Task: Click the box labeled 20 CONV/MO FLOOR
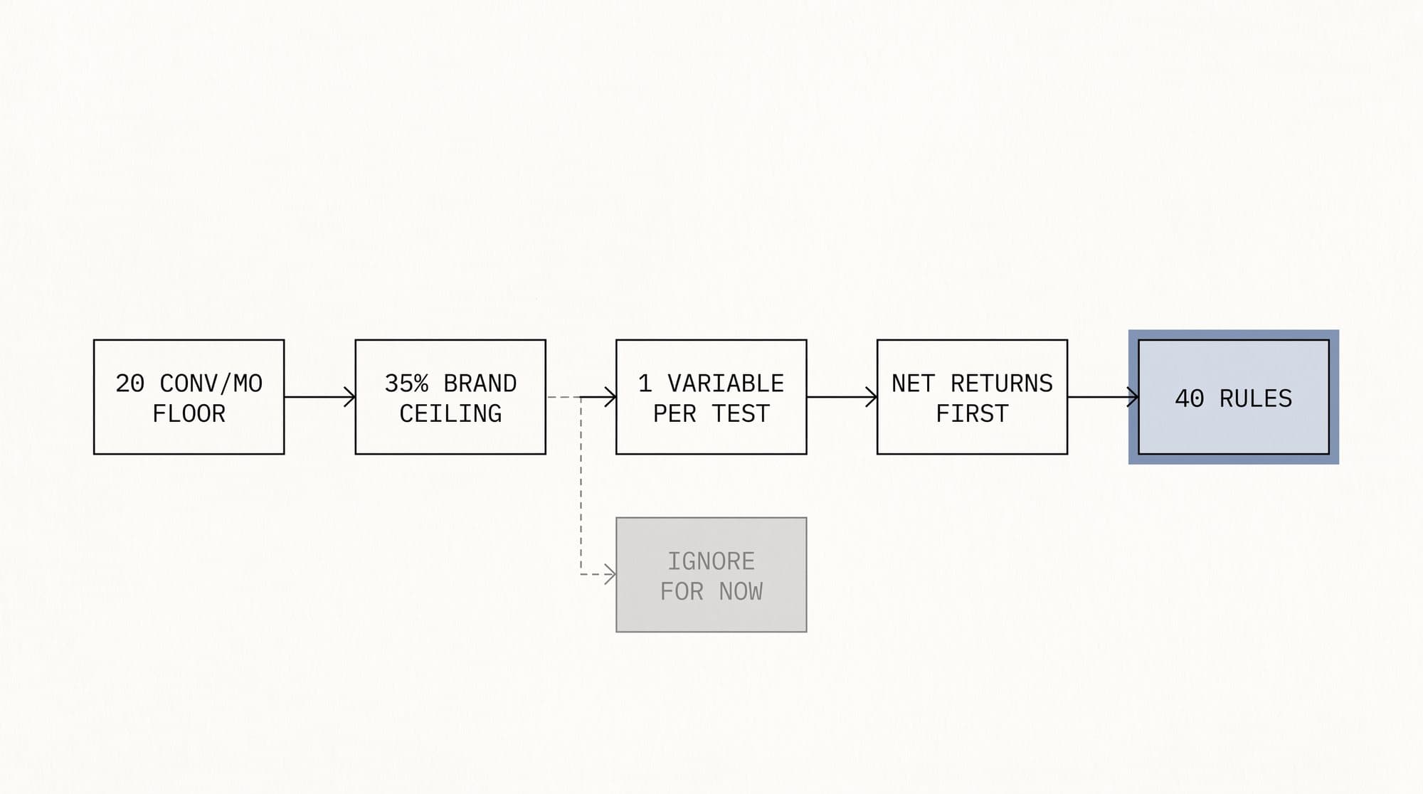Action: [x=189, y=397]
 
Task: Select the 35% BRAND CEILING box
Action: [x=450, y=397]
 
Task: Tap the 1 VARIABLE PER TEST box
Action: [x=711, y=397]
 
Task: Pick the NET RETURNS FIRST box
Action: [x=972, y=397]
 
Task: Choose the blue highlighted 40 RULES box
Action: [x=1234, y=397]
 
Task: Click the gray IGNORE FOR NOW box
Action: [x=711, y=575]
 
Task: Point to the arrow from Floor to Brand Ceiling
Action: [x=320, y=397]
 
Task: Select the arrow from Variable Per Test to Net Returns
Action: [x=842, y=397]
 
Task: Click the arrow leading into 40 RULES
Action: [x=1104, y=397]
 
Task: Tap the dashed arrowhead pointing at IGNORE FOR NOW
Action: [x=610, y=573]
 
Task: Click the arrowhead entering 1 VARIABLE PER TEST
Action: [x=610, y=397]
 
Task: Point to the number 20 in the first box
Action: [x=130, y=383]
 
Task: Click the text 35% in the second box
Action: [x=406, y=383]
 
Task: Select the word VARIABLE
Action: [x=726, y=383]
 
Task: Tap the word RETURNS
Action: [x=1002, y=383]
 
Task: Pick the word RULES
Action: [x=1256, y=398]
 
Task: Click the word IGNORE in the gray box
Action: [x=711, y=561]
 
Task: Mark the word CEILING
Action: [x=450, y=413]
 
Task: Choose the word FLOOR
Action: [x=189, y=413]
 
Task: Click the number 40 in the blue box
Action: [x=1190, y=398]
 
